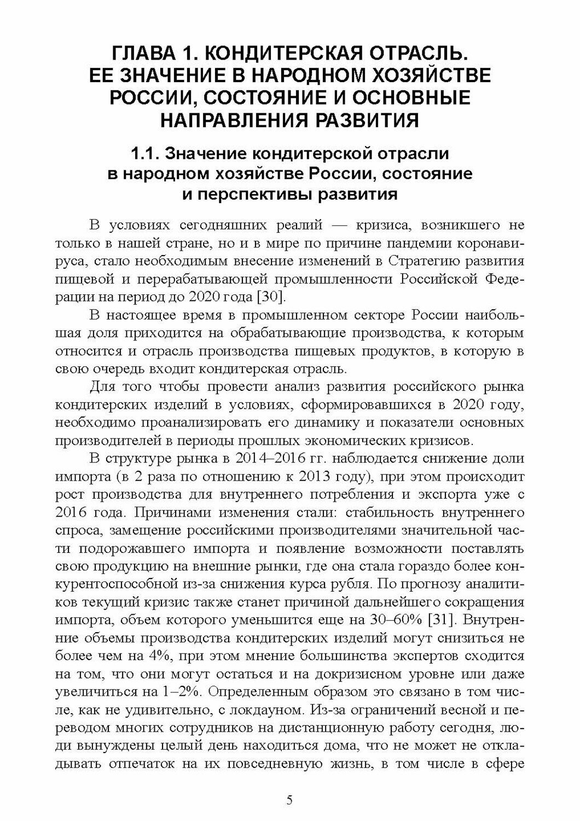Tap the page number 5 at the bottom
pyautogui.click(x=290, y=800)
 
